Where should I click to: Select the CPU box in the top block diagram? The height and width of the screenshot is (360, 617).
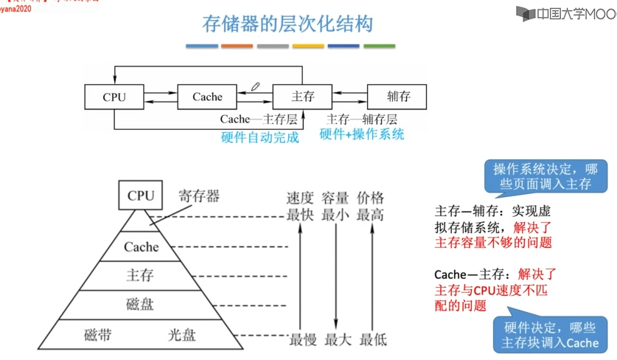point(114,97)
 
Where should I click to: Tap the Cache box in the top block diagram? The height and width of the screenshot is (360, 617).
point(207,97)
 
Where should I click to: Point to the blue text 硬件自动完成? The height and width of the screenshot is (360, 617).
point(260,136)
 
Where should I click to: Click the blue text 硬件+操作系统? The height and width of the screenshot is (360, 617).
point(362,135)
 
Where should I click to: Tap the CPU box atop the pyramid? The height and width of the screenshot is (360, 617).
point(140,195)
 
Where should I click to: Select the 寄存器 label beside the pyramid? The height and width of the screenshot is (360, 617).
point(199,196)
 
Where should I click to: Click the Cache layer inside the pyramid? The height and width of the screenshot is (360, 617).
point(141,247)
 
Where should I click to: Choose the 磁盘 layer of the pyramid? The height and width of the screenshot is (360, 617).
point(140,304)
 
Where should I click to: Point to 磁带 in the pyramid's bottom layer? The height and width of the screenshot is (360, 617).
point(98,335)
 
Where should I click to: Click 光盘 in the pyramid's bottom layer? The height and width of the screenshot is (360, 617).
point(182,335)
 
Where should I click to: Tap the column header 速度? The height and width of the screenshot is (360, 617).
point(300,198)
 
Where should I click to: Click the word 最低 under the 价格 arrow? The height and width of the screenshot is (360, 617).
point(373,340)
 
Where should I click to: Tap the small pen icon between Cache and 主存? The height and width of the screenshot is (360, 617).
point(255,86)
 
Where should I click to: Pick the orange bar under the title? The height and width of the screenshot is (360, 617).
point(237,46)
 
